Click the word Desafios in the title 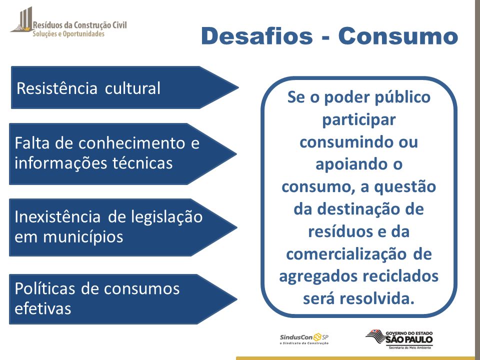(x=257, y=36)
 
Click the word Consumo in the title (x=398, y=36)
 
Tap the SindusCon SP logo (x=304, y=339)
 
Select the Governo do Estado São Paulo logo (x=399, y=339)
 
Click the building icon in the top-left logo (x=21, y=19)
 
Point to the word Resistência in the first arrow (x=57, y=88)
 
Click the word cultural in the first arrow (x=132, y=88)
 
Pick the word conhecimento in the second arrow (x=132, y=143)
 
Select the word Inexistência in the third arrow (x=57, y=216)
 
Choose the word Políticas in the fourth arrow (x=44, y=288)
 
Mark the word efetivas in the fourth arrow (x=43, y=308)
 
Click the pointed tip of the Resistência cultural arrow (x=238, y=87)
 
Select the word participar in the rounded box (x=359, y=120)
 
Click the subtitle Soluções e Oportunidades (x=68, y=34)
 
